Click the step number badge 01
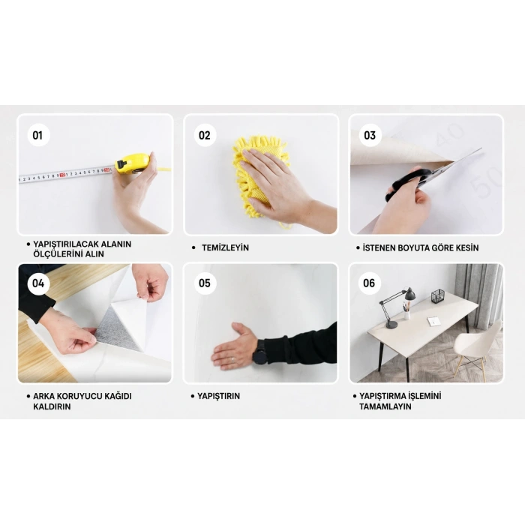pyautogui.click(x=38, y=135)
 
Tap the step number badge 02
pyautogui.click(x=205, y=135)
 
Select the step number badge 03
pyautogui.click(x=370, y=135)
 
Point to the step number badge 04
pyautogui.click(x=38, y=283)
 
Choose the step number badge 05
pyautogui.click(x=205, y=283)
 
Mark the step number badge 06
pyautogui.click(x=369, y=283)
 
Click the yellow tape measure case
pyautogui.click(x=132, y=163)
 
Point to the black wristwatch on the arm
pyautogui.click(x=259, y=351)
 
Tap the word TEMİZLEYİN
pyautogui.click(x=225, y=247)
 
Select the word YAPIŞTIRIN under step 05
pyautogui.click(x=219, y=396)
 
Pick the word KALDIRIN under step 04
pyautogui.click(x=52, y=406)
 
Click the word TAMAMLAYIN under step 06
pyautogui.click(x=385, y=406)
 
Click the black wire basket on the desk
pyautogui.click(x=437, y=296)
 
